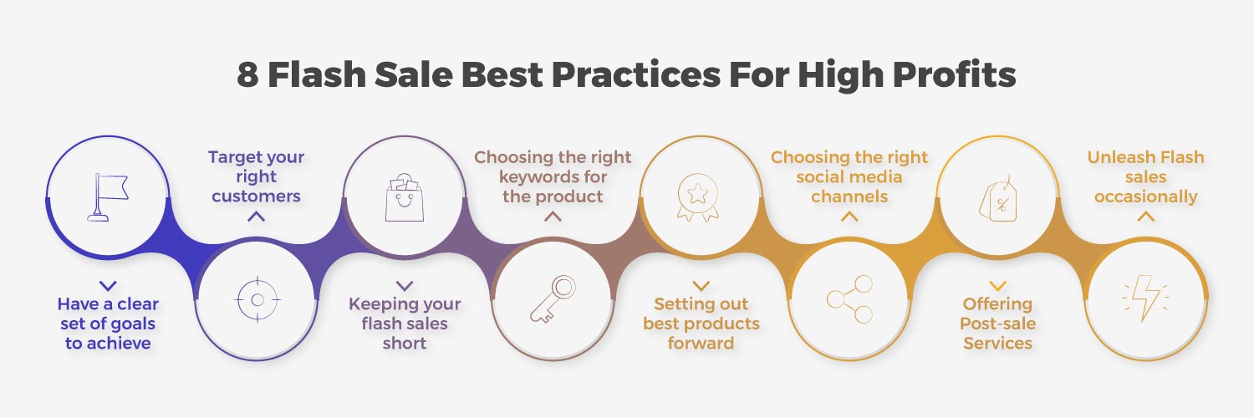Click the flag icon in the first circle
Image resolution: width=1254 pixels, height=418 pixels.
pos(108,197)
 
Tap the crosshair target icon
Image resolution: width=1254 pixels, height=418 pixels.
pos(257,300)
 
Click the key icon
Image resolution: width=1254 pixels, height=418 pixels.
pos(553,299)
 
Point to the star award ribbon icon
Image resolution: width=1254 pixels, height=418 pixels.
pos(698,197)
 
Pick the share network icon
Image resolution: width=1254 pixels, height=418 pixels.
pos(850,299)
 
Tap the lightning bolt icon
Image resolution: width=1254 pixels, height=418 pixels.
pos(1145,298)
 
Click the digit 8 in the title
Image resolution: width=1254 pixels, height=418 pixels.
pos(247,74)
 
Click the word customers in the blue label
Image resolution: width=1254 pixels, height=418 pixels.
pos(256,196)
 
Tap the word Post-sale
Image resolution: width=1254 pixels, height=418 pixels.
pos(997,324)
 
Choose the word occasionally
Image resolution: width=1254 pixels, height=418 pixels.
pos(1145,197)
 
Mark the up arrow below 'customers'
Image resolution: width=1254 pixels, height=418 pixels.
pos(256,216)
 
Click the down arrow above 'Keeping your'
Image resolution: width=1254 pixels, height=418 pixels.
pos(404,285)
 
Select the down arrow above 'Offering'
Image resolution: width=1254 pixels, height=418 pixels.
pos(997,285)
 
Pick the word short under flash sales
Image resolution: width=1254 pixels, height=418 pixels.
pos(404,343)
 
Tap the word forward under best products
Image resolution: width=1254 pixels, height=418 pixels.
pos(701,343)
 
